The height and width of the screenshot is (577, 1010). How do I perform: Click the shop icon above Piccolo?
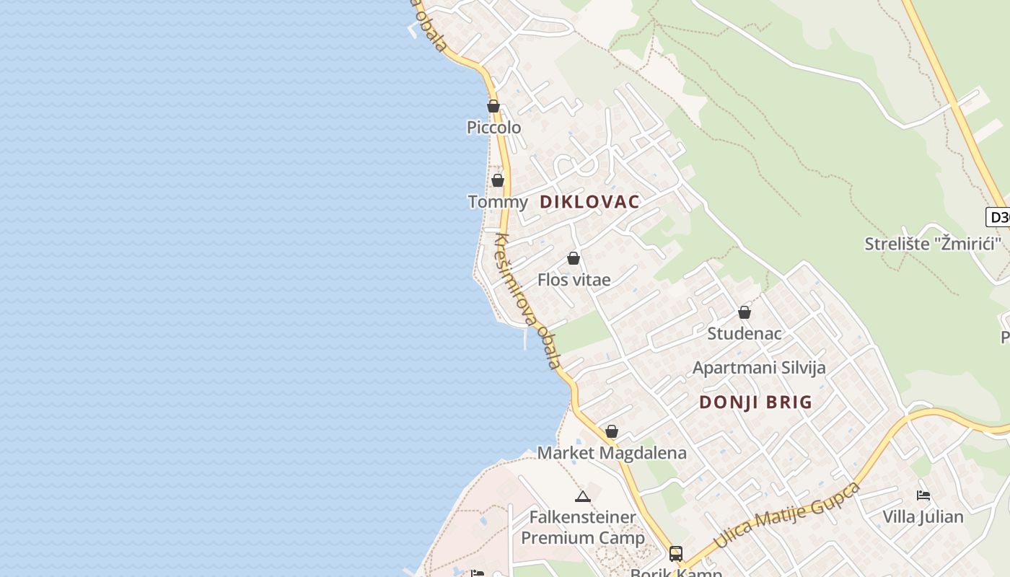pos(493,106)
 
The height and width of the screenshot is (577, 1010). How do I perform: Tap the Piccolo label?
pos(493,128)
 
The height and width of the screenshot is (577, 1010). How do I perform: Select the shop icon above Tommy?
pos(497,180)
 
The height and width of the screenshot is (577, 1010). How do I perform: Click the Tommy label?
pos(498,202)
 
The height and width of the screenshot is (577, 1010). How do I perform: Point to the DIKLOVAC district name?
pos(589,202)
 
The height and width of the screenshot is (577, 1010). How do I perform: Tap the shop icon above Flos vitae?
pos(574,258)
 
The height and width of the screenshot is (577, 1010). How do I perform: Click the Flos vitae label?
pos(574,280)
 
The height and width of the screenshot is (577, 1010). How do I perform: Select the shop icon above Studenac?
pos(745,312)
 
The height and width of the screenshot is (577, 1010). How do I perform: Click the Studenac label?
pos(745,334)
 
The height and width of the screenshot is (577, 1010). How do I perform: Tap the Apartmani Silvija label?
pos(759,368)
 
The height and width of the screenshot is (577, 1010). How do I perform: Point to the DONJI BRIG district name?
pos(755,402)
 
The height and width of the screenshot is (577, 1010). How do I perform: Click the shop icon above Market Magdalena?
pos(612,431)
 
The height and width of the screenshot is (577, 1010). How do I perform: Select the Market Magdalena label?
pos(612,453)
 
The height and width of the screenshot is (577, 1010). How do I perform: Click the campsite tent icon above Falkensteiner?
pos(583,496)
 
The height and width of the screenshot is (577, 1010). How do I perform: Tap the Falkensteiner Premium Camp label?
pos(583,527)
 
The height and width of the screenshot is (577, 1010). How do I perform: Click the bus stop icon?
pos(676,553)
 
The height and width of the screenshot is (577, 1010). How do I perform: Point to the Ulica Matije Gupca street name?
pos(787,515)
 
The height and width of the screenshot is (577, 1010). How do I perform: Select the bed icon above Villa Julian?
pos(923,495)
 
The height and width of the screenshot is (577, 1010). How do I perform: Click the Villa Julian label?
pos(923,516)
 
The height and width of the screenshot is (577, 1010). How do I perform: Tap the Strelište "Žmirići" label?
pos(933,244)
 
